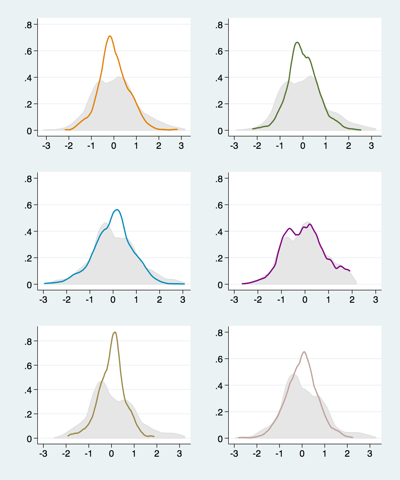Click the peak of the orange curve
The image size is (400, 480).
(110, 36)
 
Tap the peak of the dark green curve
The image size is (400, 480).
(297, 42)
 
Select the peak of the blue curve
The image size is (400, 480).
(117, 210)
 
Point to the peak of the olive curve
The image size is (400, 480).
(115, 332)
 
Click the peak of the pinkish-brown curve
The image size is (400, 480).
(304, 352)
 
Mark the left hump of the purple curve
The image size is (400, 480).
(289, 228)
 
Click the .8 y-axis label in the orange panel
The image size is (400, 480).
(28, 25)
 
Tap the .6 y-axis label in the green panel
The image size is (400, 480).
(219, 52)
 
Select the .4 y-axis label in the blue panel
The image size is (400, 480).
(28, 232)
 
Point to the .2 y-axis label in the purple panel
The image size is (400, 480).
(219, 258)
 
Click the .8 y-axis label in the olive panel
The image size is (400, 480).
(28, 342)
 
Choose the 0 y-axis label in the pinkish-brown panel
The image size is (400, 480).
(220, 439)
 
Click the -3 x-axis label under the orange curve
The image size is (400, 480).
(46, 146)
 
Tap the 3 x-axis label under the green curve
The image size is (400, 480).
(371, 146)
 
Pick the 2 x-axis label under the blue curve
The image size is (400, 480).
(159, 300)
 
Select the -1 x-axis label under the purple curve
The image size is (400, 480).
(281, 300)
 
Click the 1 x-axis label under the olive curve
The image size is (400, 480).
(134, 454)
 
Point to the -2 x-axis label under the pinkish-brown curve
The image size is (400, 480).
(256, 454)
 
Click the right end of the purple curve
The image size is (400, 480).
(350, 271)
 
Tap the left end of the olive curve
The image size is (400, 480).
(68, 436)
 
